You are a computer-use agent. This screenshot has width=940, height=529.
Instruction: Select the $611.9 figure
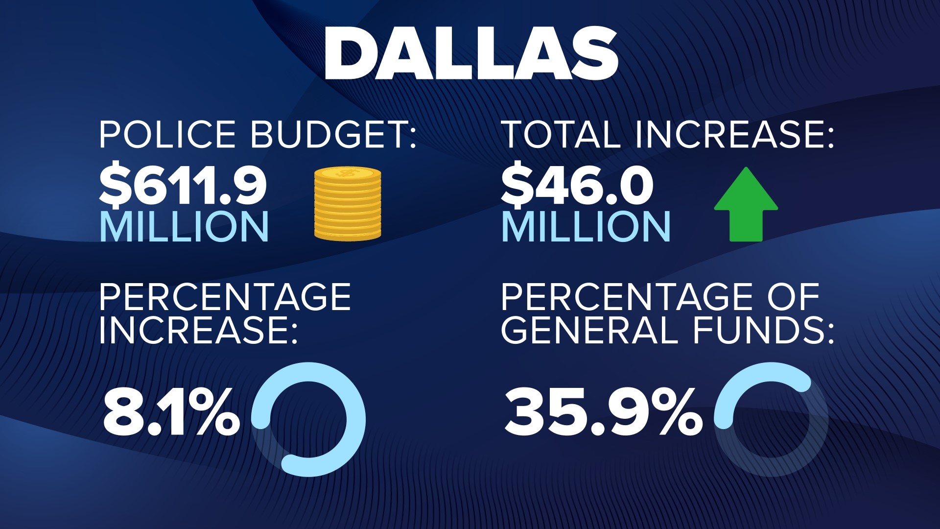click(183, 186)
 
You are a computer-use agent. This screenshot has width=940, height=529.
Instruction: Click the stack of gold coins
click(348, 204)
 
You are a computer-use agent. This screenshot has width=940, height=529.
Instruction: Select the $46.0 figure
click(577, 186)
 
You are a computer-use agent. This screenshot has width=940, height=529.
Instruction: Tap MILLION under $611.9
click(184, 226)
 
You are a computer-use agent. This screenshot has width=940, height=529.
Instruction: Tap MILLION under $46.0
click(586, 226)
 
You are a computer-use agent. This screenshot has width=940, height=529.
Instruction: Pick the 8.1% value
click(170, 412)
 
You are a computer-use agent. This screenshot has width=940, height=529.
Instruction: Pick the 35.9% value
click(602, 412)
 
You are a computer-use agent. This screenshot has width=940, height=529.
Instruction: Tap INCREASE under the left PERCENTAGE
click(198, 330)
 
